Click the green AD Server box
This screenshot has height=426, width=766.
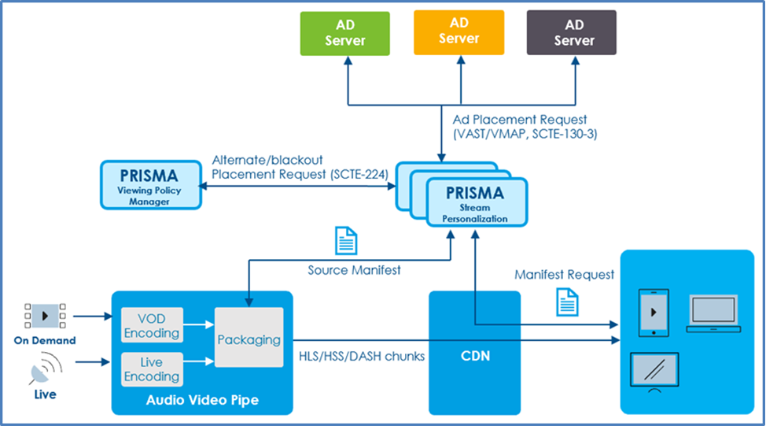pos(345,34)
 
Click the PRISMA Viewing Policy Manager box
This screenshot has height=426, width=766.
pos(150,185)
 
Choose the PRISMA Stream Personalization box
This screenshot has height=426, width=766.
pos(476,202)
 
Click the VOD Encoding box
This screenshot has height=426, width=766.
pos(152,326)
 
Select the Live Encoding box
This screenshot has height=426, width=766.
pos(152,369)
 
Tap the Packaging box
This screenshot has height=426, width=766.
pos(249,339)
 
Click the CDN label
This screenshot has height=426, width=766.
pos(474,356)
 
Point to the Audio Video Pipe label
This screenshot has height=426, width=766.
pos(202,400)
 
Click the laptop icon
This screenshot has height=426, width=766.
pos(713,312)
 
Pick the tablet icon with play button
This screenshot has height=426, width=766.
pos(655,312)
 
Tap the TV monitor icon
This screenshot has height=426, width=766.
pos(654,372)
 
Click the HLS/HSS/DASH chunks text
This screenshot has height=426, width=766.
pos(361,356)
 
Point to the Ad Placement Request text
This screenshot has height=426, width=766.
pos(520,120)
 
